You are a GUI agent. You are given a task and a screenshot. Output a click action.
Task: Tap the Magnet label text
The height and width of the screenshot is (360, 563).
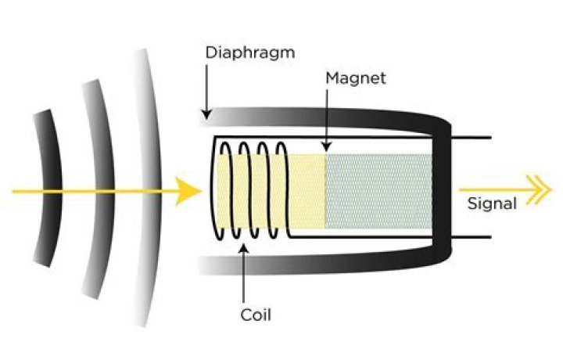point(356,78)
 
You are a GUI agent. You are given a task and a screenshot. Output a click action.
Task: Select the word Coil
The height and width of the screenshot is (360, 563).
point(256,315)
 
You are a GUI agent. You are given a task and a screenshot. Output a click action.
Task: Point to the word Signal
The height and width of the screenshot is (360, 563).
point(492,203)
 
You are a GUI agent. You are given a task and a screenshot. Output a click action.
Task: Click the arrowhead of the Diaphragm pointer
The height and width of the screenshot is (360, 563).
point(206,114)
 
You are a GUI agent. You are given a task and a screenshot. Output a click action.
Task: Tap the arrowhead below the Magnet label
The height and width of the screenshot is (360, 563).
point(326,146)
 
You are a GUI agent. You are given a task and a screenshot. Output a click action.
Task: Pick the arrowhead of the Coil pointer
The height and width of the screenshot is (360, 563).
point(243,249)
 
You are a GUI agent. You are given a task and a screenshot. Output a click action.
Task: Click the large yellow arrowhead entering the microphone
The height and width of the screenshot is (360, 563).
point(188,191)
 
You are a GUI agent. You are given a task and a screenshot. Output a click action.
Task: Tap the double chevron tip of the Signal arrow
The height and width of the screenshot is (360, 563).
point(540,189)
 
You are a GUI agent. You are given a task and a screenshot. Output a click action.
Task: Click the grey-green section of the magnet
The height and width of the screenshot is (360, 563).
point(378,191)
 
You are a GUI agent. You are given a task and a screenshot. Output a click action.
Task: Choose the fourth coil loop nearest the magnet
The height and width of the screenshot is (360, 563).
point(284,189)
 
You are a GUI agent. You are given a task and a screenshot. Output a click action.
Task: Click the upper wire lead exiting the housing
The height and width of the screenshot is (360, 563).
point(471,138)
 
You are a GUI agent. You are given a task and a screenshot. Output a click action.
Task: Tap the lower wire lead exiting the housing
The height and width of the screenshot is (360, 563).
point(471,237)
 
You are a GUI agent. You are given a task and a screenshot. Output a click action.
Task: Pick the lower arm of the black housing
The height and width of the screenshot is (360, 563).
point(323,263)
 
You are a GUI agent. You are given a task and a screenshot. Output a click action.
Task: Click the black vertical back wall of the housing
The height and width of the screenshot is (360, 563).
point(442,188)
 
